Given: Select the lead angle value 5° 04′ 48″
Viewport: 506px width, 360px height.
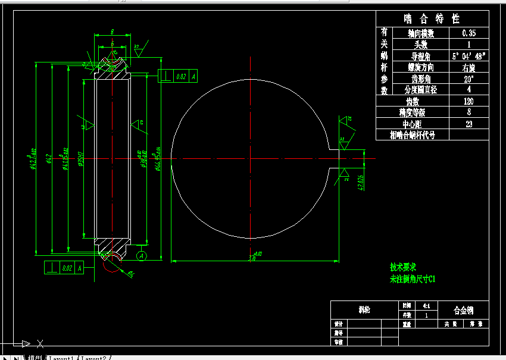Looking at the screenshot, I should [x=469, y=56].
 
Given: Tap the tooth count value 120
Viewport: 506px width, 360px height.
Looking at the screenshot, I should [x=468, y=101].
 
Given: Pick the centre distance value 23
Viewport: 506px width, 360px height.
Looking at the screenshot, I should [x=468, y=124].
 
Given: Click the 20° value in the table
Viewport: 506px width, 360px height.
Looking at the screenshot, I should [x=468, y=79].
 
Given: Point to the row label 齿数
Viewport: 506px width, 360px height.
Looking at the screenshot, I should [x=413, y=101].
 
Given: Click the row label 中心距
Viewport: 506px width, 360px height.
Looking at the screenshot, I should [x=413, y=124].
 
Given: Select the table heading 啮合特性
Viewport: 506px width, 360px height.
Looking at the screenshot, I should [x=432, y=18].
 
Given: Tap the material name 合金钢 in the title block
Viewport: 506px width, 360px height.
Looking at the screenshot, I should [x=463, y=310].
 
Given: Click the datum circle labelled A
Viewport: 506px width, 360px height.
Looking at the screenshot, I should [x=141, y=255].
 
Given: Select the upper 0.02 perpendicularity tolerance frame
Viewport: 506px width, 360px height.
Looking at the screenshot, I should [x=177, y=76].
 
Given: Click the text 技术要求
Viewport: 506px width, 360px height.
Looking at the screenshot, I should [x=402, y=267].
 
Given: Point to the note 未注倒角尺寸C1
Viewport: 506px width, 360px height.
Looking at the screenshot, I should [x=413, y=278].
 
